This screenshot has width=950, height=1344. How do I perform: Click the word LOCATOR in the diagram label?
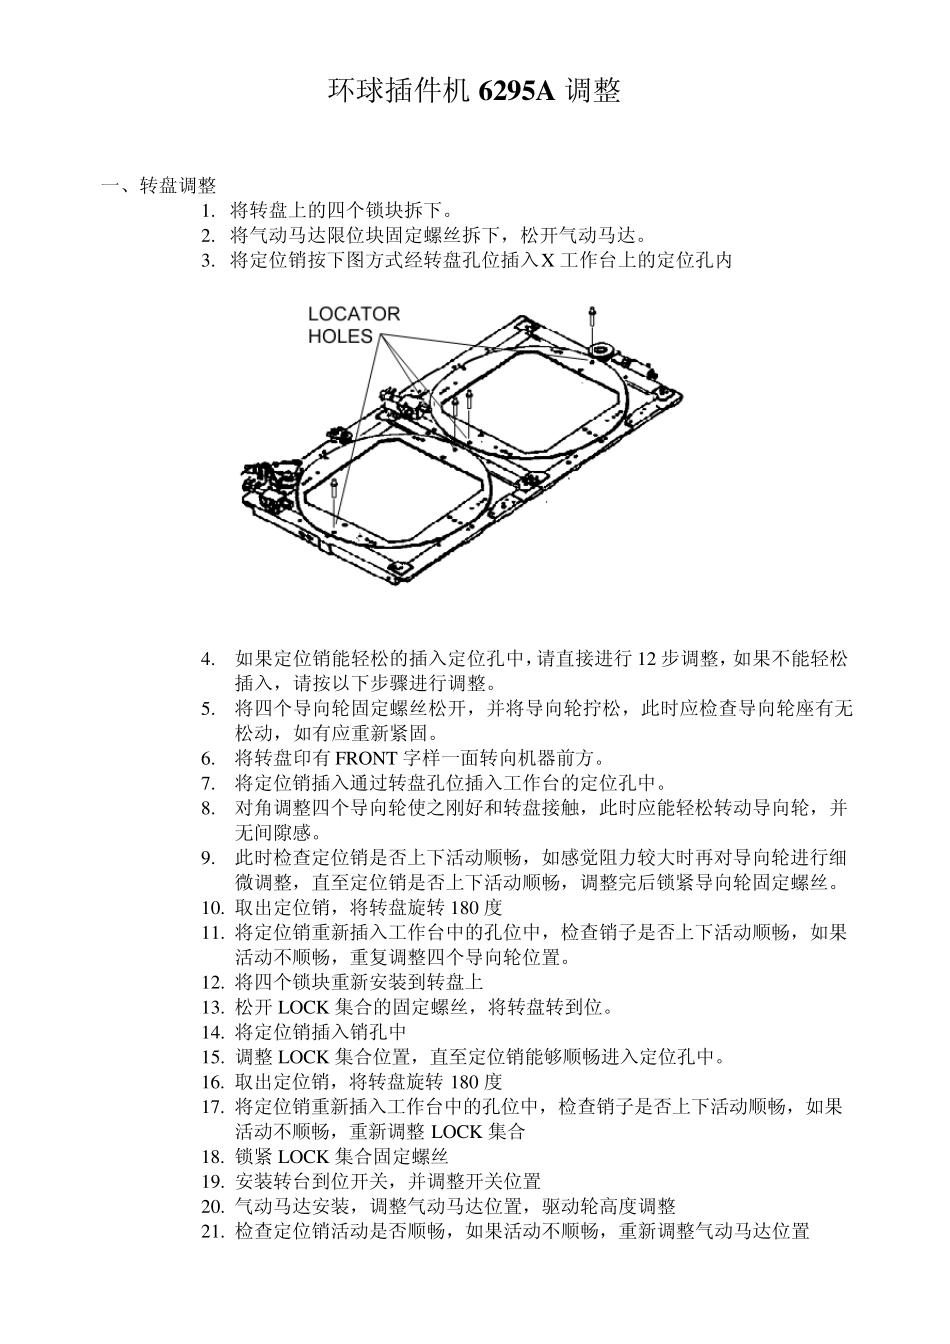[353, 314]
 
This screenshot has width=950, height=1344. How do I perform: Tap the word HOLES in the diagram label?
[340, 337]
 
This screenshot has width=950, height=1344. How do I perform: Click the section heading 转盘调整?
[178, 186]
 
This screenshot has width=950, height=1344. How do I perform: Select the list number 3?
[207, 261]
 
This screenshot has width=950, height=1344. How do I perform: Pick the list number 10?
[211, 907]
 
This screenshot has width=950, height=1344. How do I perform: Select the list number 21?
[211, 1232]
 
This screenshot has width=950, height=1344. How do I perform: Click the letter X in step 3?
[547, 261]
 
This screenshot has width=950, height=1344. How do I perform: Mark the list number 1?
[207, 211]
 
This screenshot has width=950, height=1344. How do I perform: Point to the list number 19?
[211, 1182]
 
